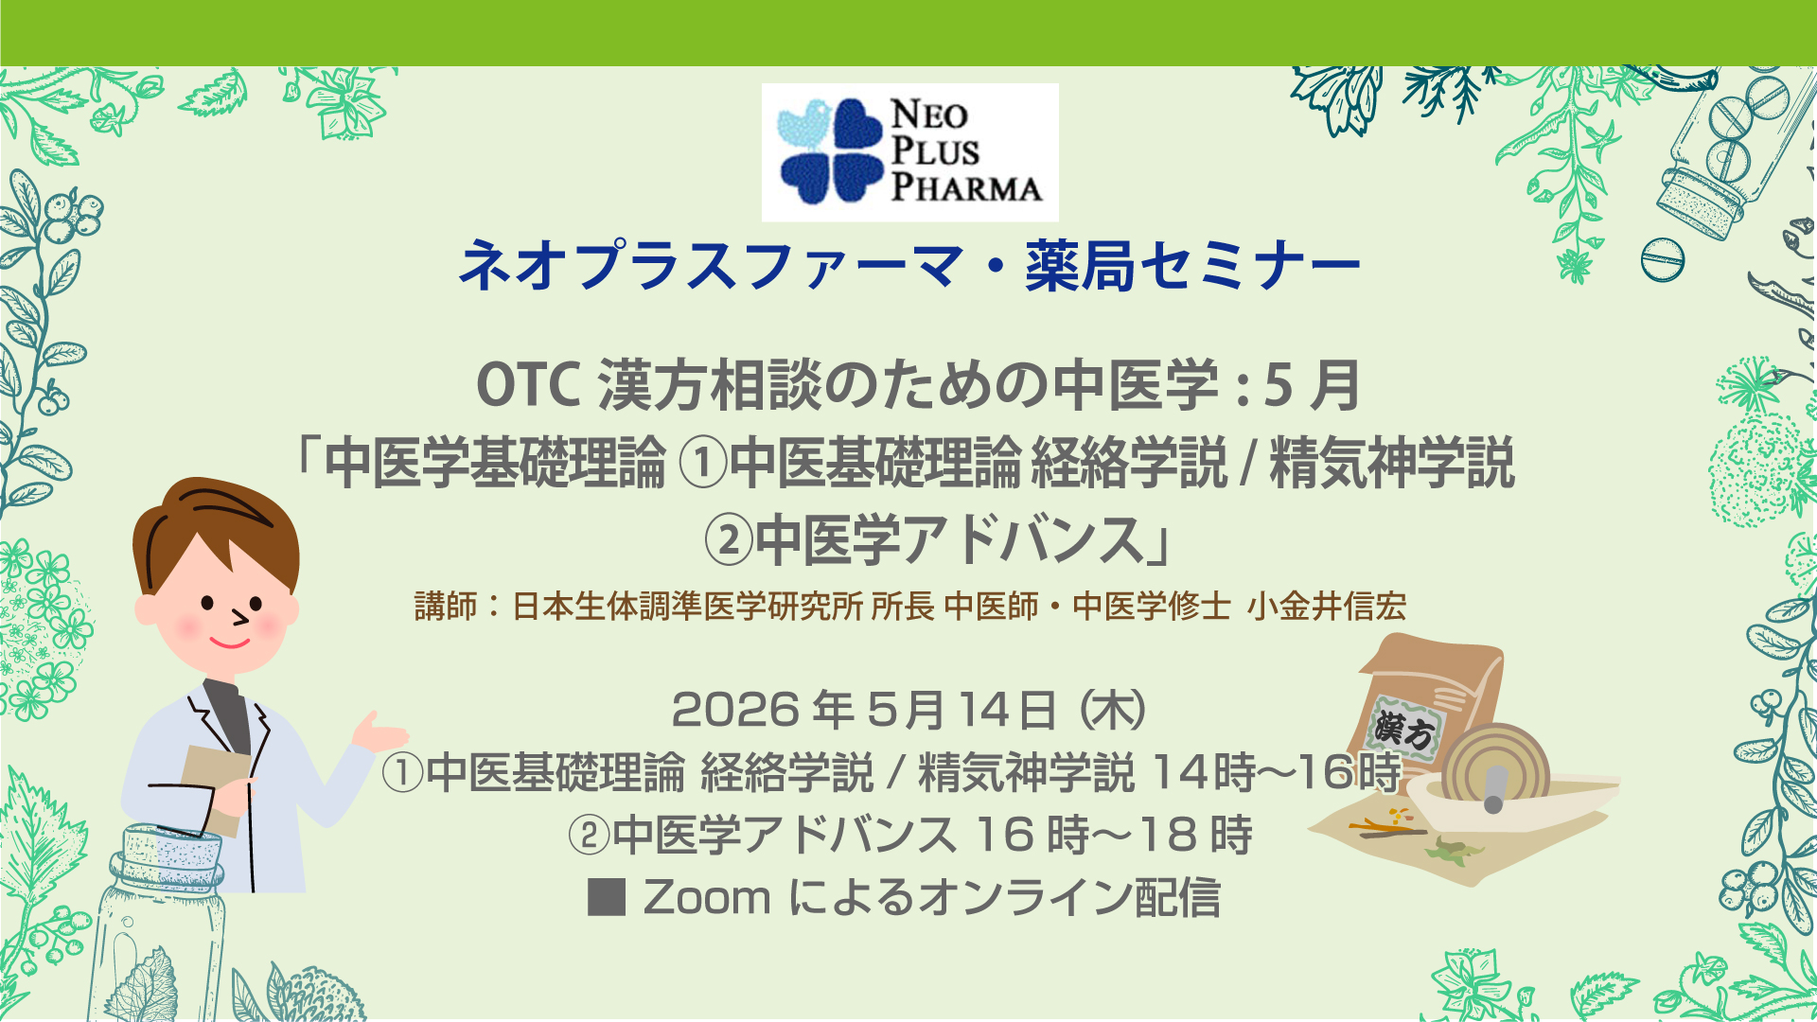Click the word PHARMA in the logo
[965, 186]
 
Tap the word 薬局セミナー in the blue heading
[1192, 265]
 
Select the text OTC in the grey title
[528, 385]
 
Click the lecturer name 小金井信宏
[1327, 606]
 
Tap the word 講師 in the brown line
[446, 606]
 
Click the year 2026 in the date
[735, 710]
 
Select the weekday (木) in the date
[1113, 710]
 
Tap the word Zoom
[707, 897]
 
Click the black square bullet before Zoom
[607, 897]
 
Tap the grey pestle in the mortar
[1494, 788]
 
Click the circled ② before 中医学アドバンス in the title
[729, 540]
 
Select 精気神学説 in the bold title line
[1392, 463]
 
